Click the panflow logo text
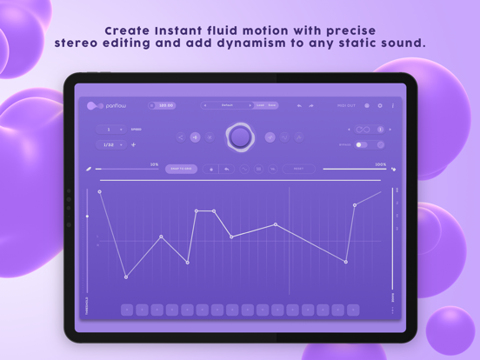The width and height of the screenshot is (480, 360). tap(117, 105)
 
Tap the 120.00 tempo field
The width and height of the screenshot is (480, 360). tap(163, 105)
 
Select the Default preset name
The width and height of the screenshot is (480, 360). tap(228, 105)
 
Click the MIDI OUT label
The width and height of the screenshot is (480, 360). tap(347, 105)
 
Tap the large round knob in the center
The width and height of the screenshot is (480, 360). tap(239, 137)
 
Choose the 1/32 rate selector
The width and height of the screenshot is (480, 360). tap(109, 144)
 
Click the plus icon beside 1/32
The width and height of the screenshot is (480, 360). tap(133, 144)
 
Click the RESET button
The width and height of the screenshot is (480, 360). tap(298, 169)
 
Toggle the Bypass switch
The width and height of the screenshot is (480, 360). tap(362, 144)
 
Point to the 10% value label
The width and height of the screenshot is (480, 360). tap(154, 163)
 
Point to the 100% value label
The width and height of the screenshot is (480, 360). tap(380, 163)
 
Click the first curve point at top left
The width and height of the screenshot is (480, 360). tap(100, 191)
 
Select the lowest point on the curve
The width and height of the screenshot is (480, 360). tap(126, 277)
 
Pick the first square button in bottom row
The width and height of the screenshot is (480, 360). tap(127, 309)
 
